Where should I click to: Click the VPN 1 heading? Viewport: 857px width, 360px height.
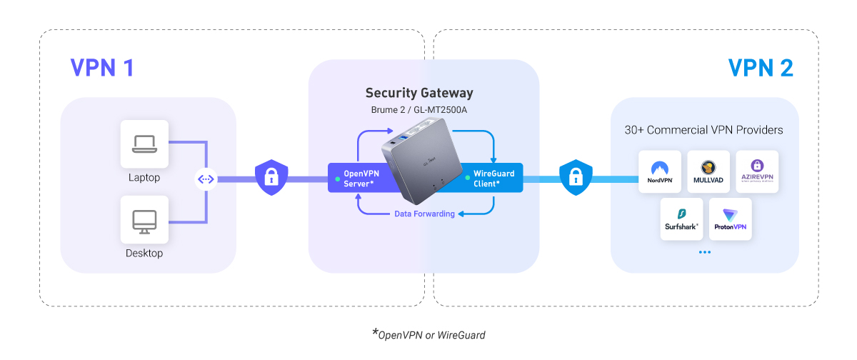pos(101,68)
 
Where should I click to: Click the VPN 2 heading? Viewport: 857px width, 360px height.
pos(761,68)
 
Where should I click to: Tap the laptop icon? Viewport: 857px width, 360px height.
pos(144,144)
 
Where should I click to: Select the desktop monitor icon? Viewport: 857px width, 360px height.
pos(144,221)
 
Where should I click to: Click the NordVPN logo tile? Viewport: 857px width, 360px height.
pos(661,171)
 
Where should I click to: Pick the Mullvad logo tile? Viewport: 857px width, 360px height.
pos(708,171)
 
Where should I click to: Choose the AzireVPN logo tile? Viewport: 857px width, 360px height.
pos(756,171)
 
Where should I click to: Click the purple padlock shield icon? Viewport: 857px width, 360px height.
pos(271,178)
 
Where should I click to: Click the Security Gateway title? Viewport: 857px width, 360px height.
pos(419,93)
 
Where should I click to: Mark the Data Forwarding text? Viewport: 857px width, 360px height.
pos(424,214)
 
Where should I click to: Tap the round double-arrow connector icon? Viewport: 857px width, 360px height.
pos(206,179)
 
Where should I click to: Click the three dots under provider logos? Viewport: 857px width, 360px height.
pos(705,252)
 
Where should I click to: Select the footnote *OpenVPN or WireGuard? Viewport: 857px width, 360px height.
pos(428,334)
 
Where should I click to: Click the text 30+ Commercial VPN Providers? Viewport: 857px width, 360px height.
pos(703,130)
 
